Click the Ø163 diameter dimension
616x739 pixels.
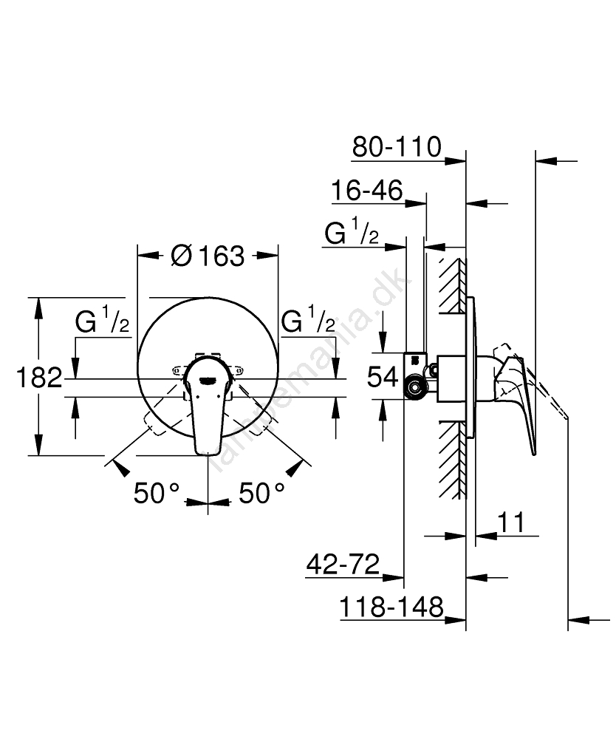208,256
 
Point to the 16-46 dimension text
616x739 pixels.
367,190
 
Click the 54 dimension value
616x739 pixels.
383,377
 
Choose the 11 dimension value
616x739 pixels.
511,522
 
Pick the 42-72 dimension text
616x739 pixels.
343,564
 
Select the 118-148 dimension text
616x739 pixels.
391,607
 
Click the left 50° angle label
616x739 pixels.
157,493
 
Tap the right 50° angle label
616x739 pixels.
262,493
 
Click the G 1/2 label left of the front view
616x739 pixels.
102,319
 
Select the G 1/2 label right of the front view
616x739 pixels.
308,319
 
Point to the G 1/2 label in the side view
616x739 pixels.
352,231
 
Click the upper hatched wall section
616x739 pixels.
453,285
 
